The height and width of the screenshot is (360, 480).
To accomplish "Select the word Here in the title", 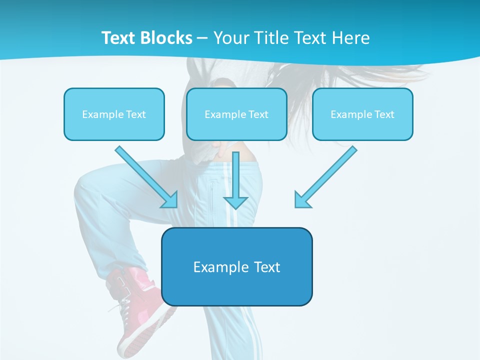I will pyautogui.click(x=352, y=38).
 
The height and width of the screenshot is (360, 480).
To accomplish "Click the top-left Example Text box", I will pyautogui.click(x=114, y=114).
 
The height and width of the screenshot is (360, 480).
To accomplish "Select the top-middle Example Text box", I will pyautogui.click(x=236, y=114).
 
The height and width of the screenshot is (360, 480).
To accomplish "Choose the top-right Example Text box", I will pyautogui.click(x=362, y=114).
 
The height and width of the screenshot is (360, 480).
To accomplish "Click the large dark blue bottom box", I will pyautogui.click(x=236, y=266).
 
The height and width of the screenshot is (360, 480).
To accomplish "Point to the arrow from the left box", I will pyautogui.click(x=145, y=175).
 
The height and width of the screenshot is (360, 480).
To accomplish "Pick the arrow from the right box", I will pyautogui.click(x=327, y=175).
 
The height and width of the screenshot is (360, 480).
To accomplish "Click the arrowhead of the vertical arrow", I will pyautogui.click(x=236, y=202).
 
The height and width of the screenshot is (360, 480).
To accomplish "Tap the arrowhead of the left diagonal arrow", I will pyautogui.click(x=170, y=200).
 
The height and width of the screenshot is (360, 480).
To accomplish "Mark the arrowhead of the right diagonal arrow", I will pyautogui.click(x=302, y=200).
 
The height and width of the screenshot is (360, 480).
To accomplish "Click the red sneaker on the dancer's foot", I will pyautogui.click(x=137, y=305).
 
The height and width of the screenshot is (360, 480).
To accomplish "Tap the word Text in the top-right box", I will pyautogui.click(x=384, y=114).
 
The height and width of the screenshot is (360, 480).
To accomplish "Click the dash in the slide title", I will pyautogui.click(x=202, y=38).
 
